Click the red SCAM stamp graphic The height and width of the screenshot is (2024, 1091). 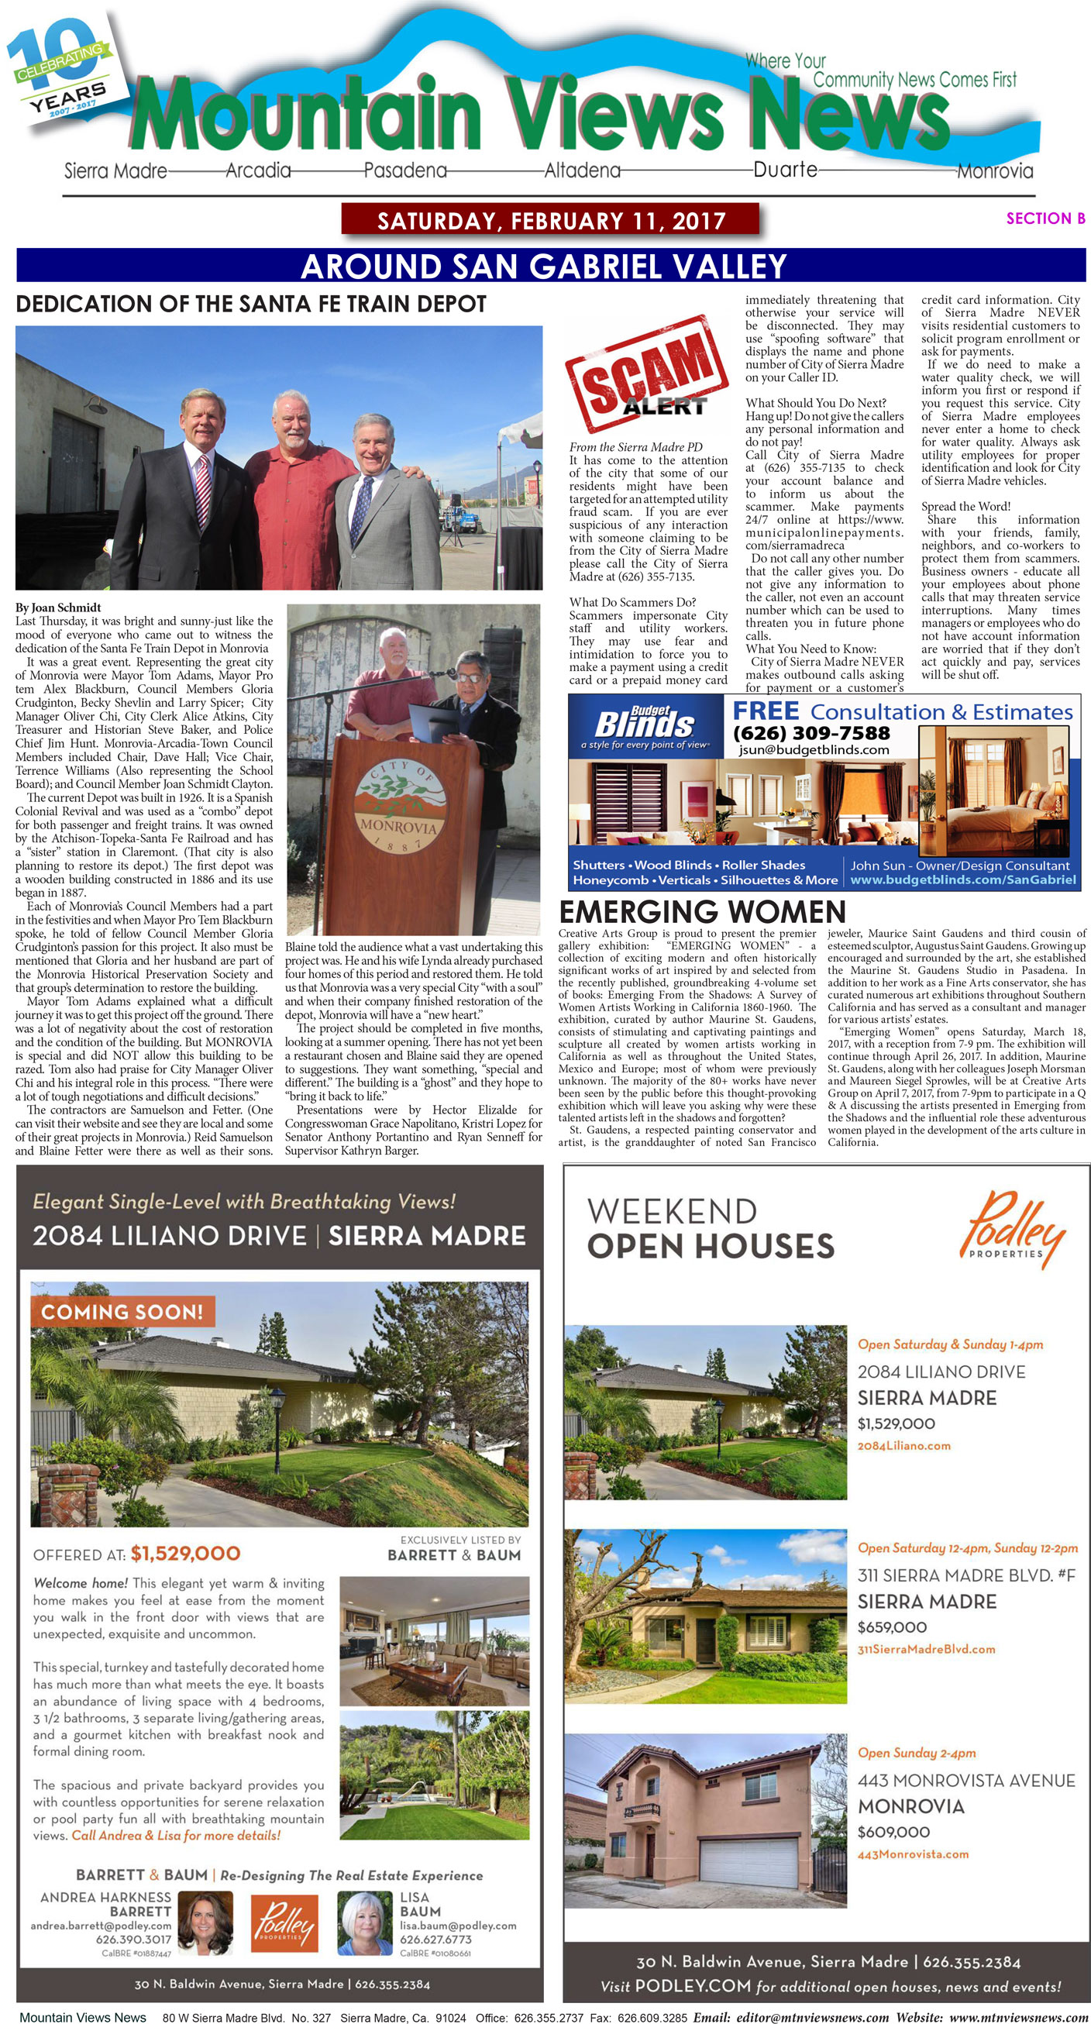[x=645, y=373]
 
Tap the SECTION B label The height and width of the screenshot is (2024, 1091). [x=1045, y=219]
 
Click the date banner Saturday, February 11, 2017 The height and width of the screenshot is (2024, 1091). [x=551, y=220]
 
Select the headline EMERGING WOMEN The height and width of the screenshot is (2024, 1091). [x=702, y=912]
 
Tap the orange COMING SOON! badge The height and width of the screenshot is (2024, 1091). [x=122, y=1311]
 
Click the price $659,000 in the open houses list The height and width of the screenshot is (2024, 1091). [x=892, y=1627]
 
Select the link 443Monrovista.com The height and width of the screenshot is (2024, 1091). [x=913, y=1854]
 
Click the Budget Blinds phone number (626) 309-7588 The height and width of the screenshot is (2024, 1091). [x=811, y=733]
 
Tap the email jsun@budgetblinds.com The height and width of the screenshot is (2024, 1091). [x=814, y=749]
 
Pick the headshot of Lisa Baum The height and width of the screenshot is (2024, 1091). [x=365, y=1923]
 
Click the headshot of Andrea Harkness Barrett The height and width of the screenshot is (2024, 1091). [x=205, y=1923]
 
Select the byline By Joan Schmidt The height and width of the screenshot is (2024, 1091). [x=58, y=608]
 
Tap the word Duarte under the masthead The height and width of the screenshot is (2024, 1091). [x=785, y=170]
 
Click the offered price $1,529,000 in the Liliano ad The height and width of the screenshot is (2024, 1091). [x=185, y=1554]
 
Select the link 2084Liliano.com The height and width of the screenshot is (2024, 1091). [x=903, y=1446]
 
